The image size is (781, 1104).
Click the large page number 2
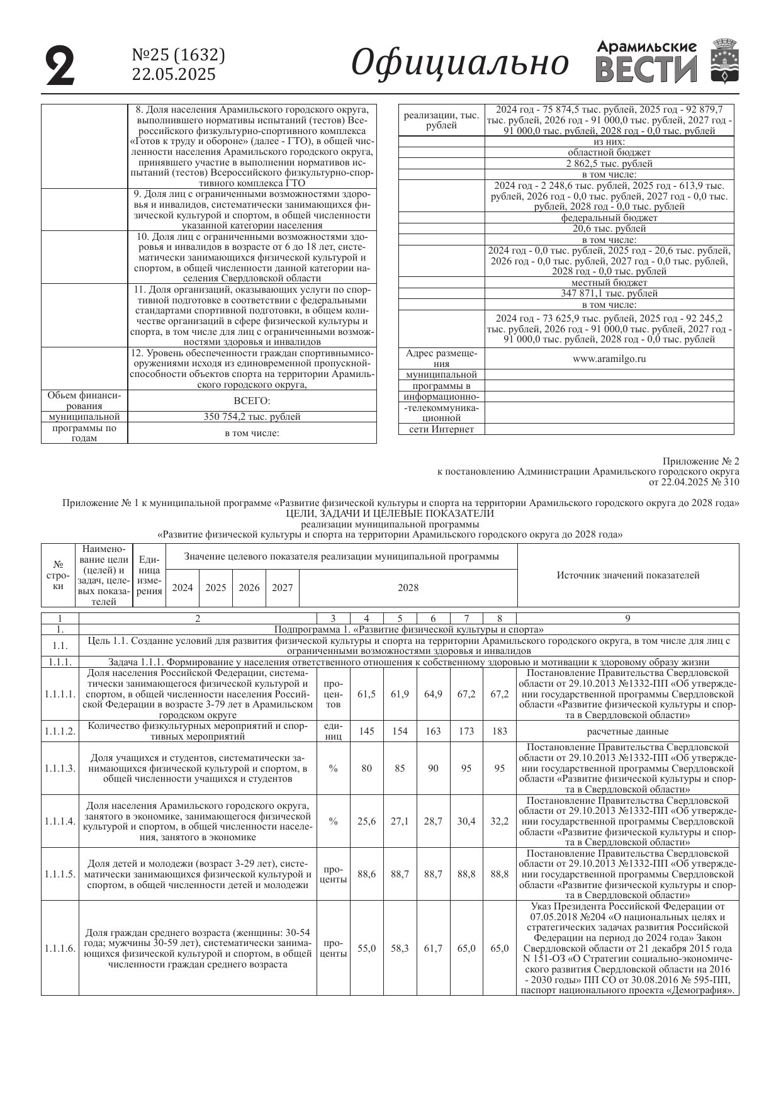point(60,65)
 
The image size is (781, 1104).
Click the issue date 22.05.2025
point(174,75)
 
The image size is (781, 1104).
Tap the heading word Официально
point(459,63)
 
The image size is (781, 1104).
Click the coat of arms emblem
point(724,60)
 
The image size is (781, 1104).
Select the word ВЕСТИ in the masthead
point(646,69)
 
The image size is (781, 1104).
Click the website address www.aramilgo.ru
point(609,359)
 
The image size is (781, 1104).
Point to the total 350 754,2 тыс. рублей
point(252,417)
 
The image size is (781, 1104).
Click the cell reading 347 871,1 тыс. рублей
point(609,293)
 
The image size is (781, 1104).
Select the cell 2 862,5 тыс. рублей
point(609,164)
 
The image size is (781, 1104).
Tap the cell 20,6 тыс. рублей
point(609,228)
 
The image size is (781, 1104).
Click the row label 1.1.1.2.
point(60,731)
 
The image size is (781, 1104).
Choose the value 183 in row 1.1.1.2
point(499,731)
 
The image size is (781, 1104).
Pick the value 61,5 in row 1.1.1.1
point(366,694)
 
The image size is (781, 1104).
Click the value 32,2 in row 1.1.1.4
point(499,821)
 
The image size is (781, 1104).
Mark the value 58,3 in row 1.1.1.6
point(400,948)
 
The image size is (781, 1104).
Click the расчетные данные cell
point(627,731)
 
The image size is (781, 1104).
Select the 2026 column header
point(249,588)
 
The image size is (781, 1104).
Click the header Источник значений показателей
point(627,575)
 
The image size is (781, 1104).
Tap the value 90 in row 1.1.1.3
point(433,769)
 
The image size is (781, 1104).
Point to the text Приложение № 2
point(701,461)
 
